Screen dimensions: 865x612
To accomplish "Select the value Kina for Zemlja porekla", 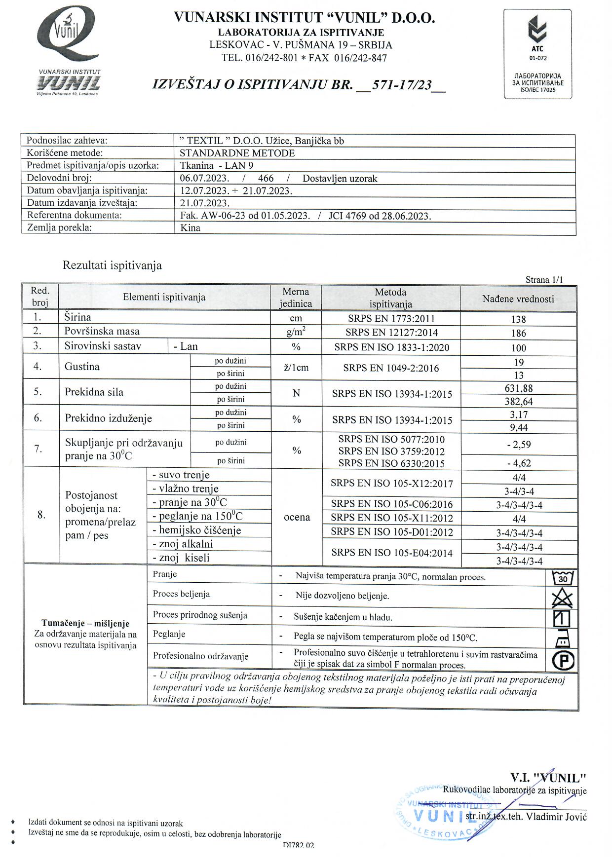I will click(191, 228).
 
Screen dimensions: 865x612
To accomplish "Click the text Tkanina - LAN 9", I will click(217, 165).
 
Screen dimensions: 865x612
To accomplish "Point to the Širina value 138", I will click(518, 319).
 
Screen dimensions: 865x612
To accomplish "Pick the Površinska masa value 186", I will click(518, 333).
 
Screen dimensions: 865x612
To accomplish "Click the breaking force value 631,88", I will click(518, 388).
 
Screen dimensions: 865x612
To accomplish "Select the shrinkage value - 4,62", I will click(518, 463).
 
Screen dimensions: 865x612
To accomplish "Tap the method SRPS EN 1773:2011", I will click(391, 319).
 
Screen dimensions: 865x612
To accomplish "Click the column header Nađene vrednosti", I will click(518, 299).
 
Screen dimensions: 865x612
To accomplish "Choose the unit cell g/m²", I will click(296, 332).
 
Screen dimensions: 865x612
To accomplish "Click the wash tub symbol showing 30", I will click(563, 577).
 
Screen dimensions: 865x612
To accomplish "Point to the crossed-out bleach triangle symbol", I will click(562, 598).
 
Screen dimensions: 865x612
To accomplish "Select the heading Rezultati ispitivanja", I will click(112, 265).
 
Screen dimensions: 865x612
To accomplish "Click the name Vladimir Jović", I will click(556, 817).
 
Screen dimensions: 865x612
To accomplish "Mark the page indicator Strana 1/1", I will click(544, 280).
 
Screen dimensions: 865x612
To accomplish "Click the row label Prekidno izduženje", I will click(109, 418).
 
